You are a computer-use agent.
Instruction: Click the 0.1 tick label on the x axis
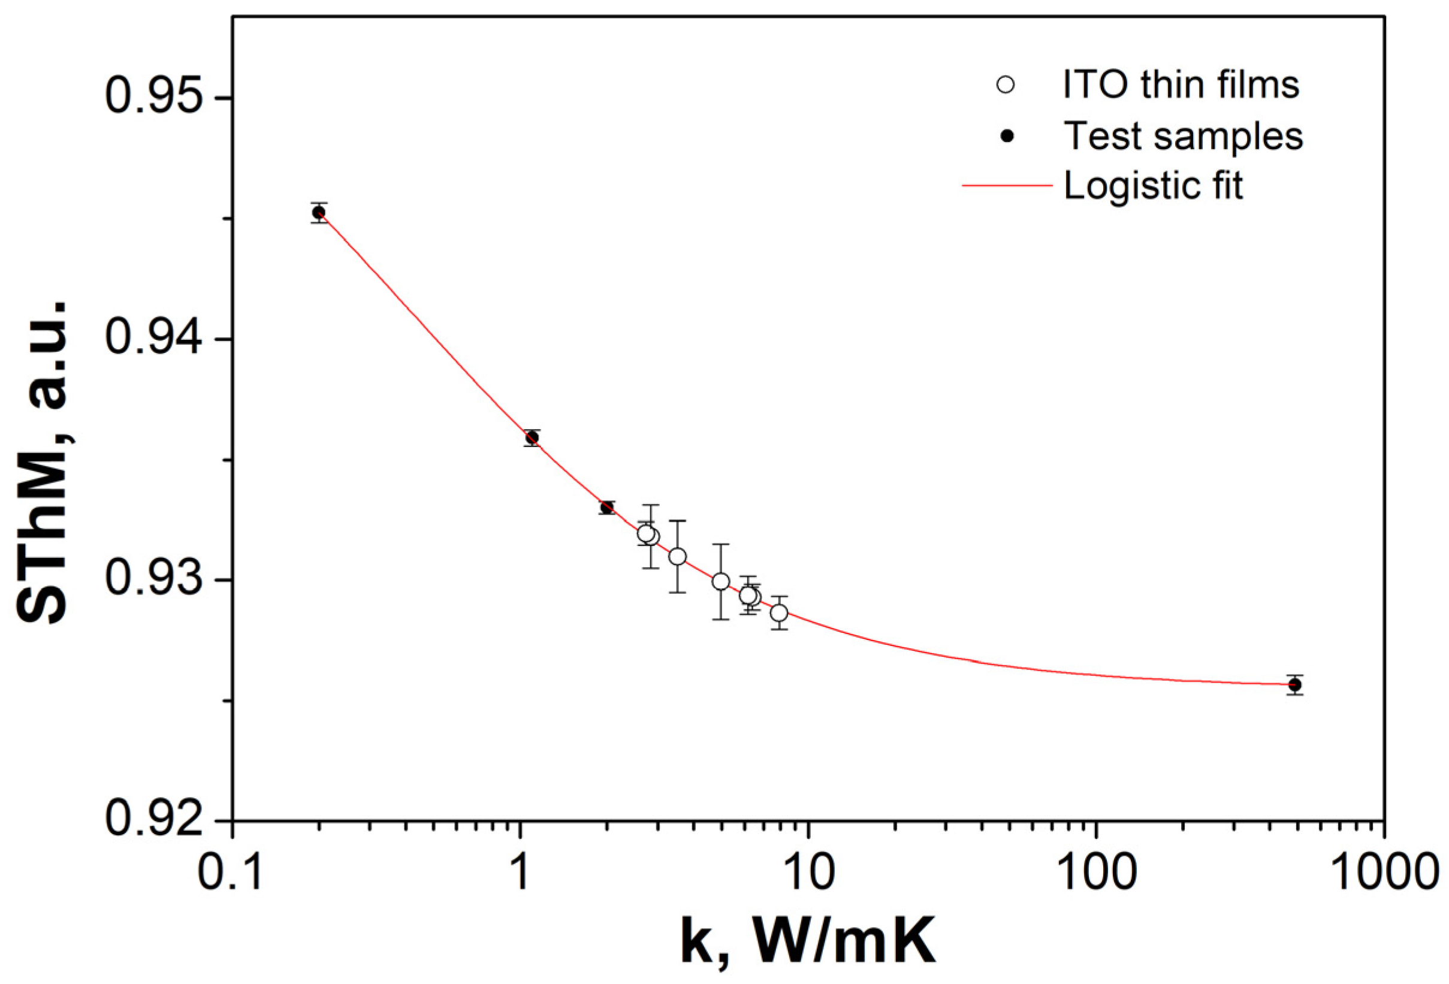231,874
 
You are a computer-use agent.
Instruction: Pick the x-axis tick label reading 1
520,874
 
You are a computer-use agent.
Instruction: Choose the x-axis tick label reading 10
808,874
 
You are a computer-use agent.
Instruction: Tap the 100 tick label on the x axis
1096,874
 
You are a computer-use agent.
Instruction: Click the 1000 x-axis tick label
1384,874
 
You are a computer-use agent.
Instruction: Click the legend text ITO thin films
1181,85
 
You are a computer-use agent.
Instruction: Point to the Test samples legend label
1183,135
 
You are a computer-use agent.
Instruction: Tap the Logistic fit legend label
1153,185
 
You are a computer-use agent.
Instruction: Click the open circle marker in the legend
1006,85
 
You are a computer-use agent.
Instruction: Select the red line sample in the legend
1007,186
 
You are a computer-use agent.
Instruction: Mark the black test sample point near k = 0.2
319,213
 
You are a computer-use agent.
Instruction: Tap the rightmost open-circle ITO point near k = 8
779,613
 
